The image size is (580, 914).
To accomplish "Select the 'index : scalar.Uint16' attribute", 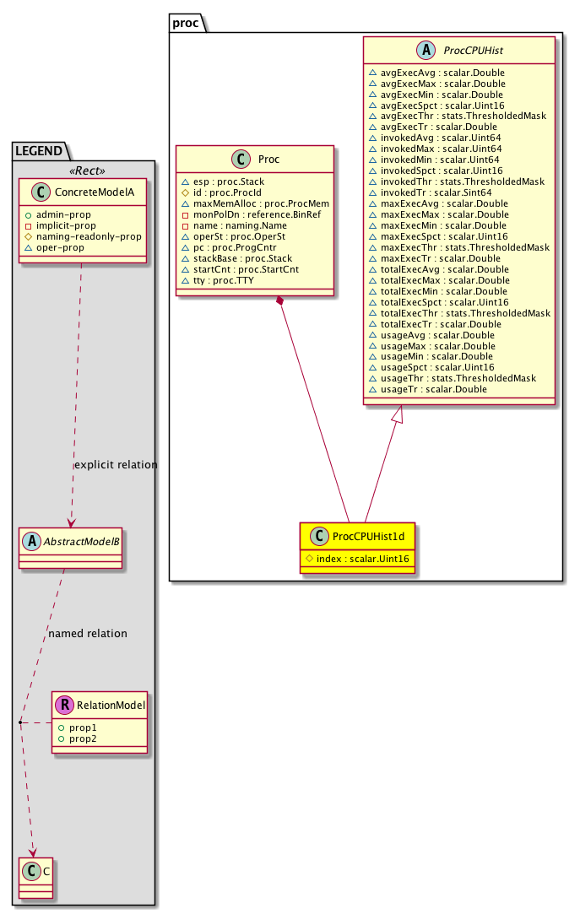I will pos(363,558).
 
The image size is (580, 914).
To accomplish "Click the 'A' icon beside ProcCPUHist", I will pos(426,51).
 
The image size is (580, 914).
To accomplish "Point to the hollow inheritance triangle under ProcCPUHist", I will pos(402,414).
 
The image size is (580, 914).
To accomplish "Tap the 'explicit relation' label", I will pos(117,465).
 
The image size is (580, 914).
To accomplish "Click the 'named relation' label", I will pos(88,634).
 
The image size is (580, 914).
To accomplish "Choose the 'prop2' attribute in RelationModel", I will pos(84,738).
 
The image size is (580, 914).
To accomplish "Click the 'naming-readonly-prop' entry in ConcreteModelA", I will pos(89,237).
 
